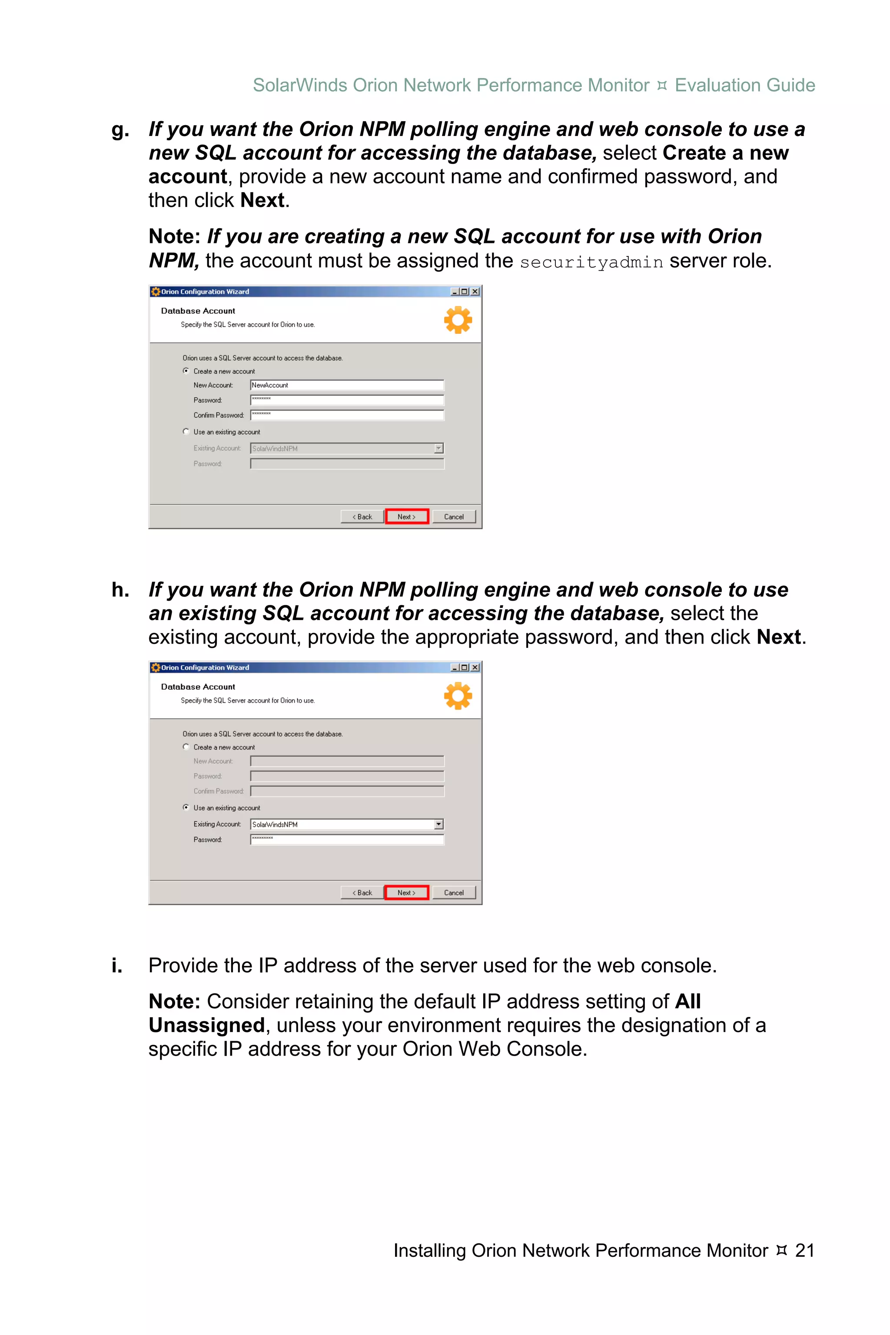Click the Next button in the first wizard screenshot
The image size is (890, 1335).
point(406,517)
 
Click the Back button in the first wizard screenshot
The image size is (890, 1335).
point(362,517)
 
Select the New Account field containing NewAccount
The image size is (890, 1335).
point(347,385)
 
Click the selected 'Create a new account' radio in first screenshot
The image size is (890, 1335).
point(186,371)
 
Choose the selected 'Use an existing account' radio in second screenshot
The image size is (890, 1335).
point(186,807)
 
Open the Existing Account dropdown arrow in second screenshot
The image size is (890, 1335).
point(438,824)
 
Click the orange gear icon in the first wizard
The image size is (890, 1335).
point(458,320)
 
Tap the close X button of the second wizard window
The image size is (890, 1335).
point(475,667)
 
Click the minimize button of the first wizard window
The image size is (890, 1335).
point(455,292)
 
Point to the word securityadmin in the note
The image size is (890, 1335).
point(591,262)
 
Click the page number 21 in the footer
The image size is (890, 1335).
point(804,1250)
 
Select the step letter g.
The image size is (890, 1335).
point(120,130)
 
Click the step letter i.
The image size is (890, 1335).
point(117,966)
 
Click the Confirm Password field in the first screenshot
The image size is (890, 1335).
point(347,415)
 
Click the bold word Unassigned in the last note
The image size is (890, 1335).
point(206,1025)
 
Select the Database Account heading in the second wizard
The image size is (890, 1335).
point(198,687)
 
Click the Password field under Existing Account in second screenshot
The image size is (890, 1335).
point(347,840)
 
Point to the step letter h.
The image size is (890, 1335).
point(120,590)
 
